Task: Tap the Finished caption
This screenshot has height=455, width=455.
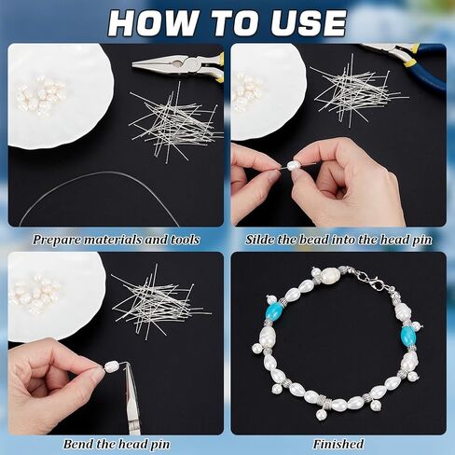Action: click(338, 444)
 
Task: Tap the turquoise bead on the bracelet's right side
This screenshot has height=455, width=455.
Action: click(407, 335)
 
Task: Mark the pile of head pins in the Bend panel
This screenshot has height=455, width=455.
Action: click(161, 306)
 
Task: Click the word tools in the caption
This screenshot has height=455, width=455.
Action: click(186, 240)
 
